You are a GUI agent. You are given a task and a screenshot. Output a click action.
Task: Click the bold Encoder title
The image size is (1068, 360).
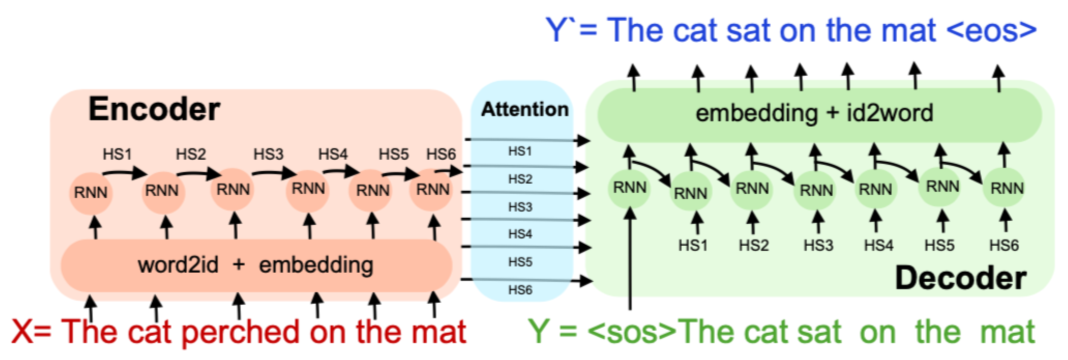(x=154, y=109)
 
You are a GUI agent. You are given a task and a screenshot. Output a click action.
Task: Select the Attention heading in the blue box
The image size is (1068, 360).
(x=524, y=109)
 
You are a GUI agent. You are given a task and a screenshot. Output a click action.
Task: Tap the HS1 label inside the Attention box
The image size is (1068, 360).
(x=520, y=151)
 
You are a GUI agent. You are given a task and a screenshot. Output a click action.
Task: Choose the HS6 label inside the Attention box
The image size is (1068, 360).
(x=520, y=289)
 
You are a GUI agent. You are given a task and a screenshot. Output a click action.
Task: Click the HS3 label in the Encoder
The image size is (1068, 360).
(x=268, y=154)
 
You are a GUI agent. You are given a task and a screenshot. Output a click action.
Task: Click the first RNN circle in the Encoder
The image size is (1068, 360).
(x=90, y=192)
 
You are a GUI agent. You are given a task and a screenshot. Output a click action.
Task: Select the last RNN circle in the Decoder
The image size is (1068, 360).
(x=1007, y=188)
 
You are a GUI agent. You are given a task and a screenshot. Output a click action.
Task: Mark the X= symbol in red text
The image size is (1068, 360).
(x=31, y=333)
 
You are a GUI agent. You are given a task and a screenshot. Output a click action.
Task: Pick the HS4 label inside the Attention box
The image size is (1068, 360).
(x=520, y=234)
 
